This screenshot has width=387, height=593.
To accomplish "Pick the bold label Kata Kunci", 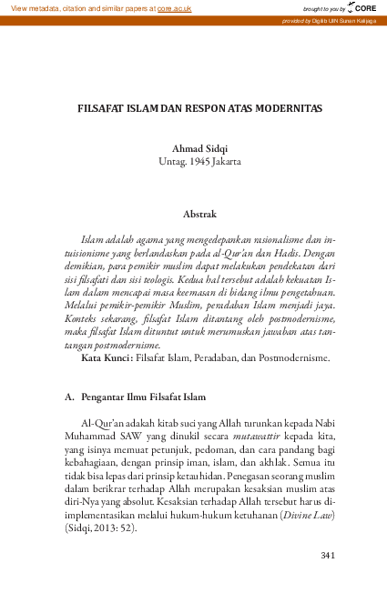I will click(107, 357).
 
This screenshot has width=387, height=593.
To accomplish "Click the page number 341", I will click(329, 555).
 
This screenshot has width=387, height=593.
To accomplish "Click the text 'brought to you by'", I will click(324, 7).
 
